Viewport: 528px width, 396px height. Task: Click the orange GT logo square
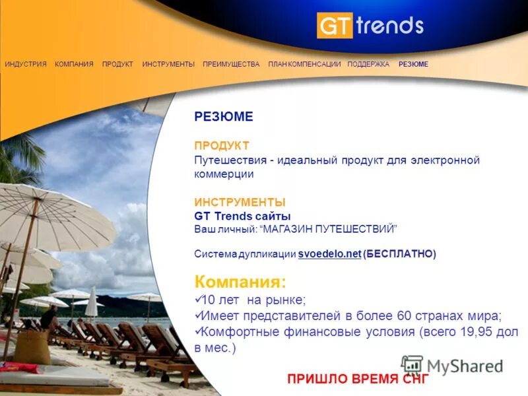click(335, 26)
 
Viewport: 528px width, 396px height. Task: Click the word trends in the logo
click(389, 26)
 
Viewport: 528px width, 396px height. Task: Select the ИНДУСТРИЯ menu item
click(26, 64)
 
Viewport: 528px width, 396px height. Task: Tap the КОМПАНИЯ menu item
click(74, 64)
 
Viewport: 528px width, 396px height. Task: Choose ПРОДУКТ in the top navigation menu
click(117, 64)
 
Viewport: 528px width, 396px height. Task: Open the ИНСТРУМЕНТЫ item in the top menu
click(168, 64)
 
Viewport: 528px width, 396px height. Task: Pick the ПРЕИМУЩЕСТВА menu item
click(231, 64)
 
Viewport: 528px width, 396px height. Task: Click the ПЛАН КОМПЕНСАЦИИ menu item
click(304, 64)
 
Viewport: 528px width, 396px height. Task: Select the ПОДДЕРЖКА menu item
click(368, 64)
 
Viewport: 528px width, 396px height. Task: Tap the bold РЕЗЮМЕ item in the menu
click(413, 64)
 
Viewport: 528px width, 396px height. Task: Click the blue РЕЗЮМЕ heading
click(224, 117)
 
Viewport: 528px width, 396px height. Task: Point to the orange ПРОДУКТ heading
click(222, 145)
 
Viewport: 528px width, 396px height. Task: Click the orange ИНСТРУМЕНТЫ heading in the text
click(240, 203)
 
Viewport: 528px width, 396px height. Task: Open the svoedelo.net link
click(329, 253)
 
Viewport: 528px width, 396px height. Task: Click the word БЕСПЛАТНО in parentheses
click(399, 253)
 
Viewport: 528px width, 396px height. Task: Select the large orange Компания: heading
click(240, 282)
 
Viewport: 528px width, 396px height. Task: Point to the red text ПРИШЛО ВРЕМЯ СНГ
click(358, 379)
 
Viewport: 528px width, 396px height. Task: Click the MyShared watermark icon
click(412, 365)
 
